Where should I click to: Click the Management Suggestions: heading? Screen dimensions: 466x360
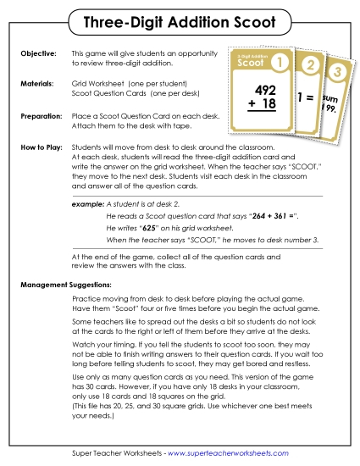pyautogui.click(x=68, y=284)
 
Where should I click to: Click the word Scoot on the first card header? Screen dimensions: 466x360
pyautogui.click(x=250, y=63)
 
